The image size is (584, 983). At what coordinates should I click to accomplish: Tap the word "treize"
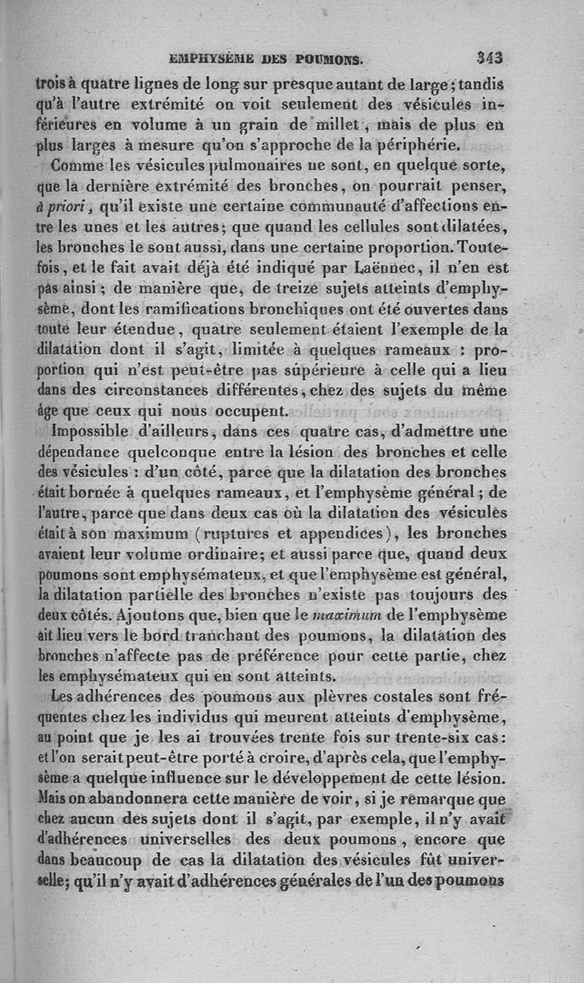tap(319, 280)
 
